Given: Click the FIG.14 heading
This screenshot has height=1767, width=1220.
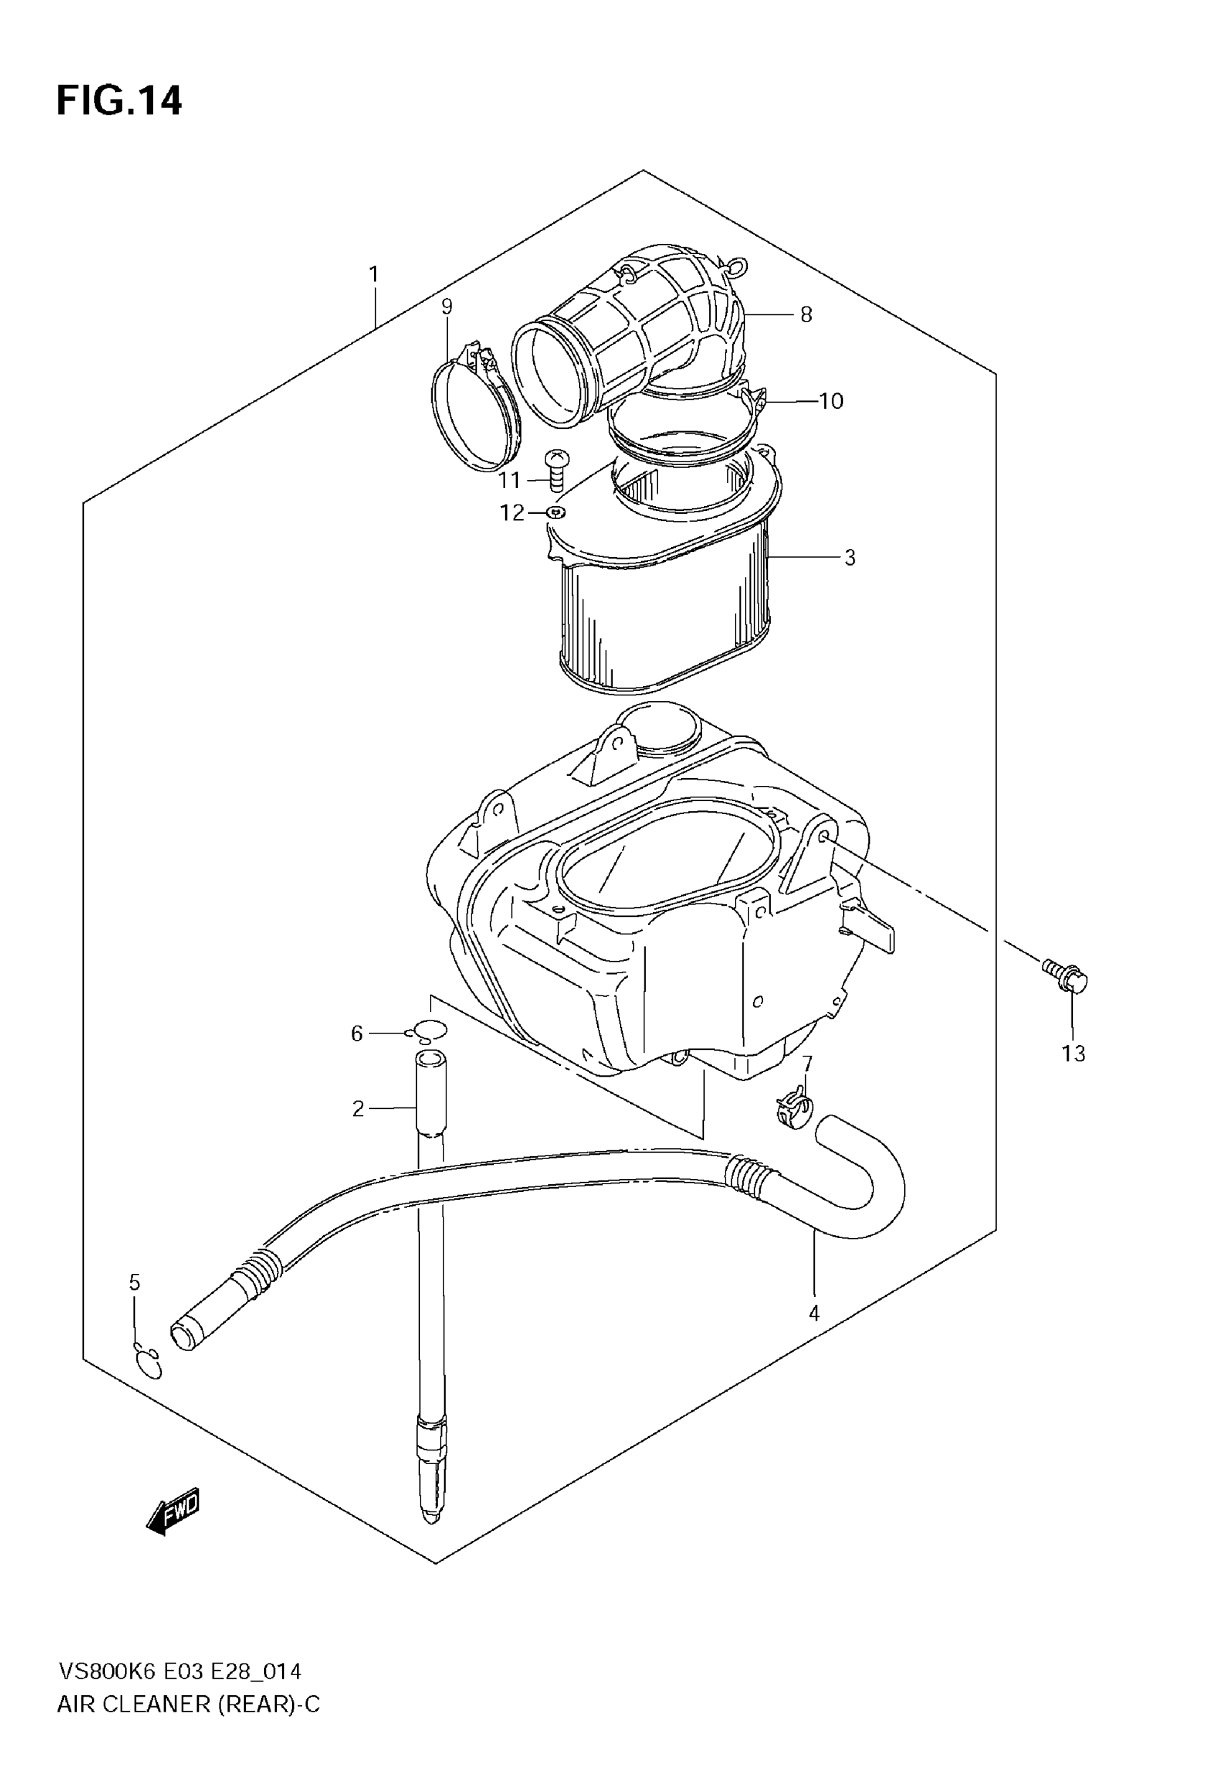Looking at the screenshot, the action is [119, 101].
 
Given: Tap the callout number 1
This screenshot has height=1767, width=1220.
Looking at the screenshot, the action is [374, 273].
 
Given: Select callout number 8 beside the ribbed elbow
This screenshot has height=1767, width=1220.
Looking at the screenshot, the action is [806, 314].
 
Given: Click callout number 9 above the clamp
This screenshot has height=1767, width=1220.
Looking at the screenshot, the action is [446, 306].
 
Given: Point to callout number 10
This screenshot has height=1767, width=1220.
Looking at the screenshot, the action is [831, 401].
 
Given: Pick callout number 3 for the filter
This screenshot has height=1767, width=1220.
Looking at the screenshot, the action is [849, 558].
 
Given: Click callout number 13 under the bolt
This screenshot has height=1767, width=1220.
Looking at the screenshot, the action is [1073, 1053].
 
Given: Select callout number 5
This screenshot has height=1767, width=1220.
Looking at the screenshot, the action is [134, 1282].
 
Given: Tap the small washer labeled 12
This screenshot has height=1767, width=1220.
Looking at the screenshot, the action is [555, 512].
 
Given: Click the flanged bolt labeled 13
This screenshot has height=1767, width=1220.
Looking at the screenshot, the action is [1066, 977].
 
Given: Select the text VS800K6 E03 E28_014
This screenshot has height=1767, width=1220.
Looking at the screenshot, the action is [179, 1672].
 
